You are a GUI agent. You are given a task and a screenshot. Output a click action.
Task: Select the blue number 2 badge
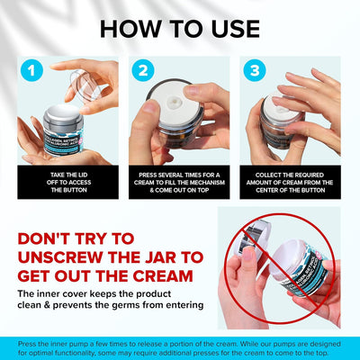coord(142,70)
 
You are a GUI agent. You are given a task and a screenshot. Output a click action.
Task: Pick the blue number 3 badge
coord(256,70)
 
